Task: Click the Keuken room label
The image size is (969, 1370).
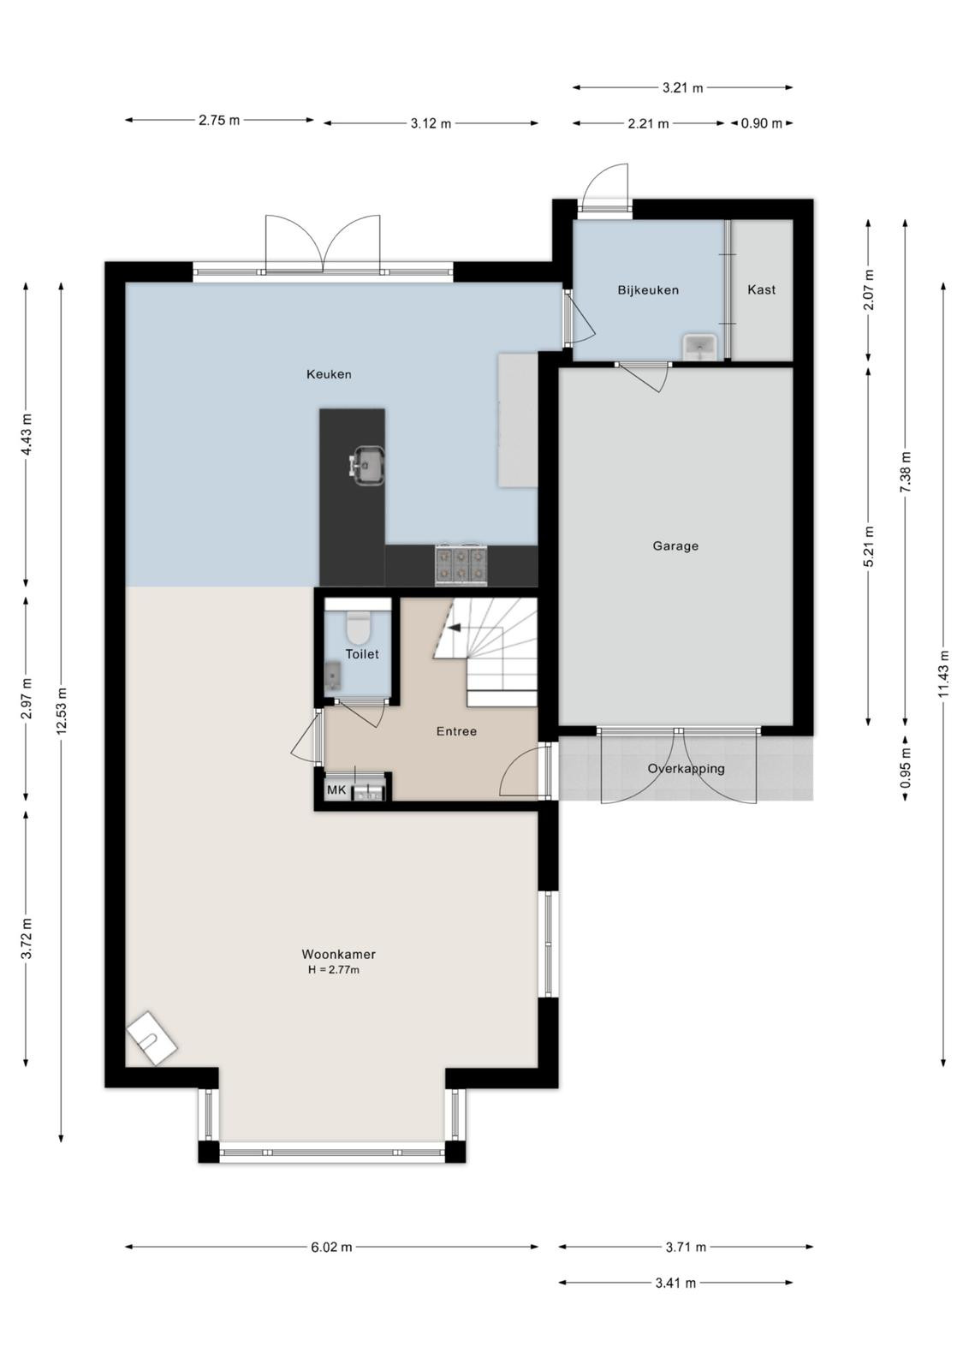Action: pyautogui.click(x=329, y=374)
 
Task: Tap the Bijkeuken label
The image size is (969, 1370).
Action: pyautogui.click(x=648, y=290)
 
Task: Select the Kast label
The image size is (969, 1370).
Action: pyautogui.click(x=761, y=289)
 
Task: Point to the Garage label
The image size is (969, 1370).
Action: pyautogui.click(x=675, y=545)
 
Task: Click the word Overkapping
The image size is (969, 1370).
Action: pyautogui.click(x=686, y=769)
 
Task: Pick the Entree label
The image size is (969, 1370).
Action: pyautogui.click(x=457, y=731)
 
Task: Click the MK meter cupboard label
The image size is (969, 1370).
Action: pyautogui.click(x=336, y=789)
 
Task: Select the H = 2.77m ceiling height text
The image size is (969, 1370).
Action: pyautogui.click(x=334, y=969)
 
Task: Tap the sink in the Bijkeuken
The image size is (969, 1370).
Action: pyautogui.click(x=699, y=346)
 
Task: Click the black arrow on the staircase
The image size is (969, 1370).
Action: pyautogui.click(x=455, y=627)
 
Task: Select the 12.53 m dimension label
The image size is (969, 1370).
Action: pyautogui.click(x=61, y=712)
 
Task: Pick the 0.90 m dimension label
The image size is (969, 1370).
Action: pyautogui.click(x=761, y=123)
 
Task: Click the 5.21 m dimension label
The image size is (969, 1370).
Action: pyautogui.click(x=869, y=546)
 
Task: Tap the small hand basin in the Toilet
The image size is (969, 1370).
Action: pyautogui.click(x=333, y=676)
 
